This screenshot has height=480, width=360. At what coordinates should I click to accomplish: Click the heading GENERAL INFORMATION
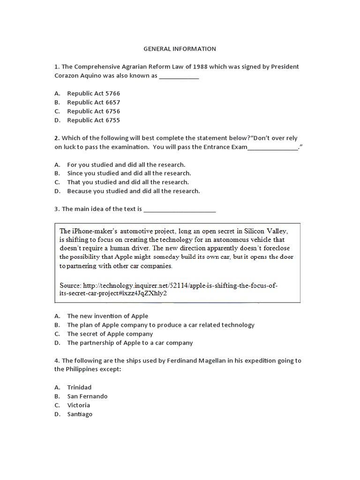tap(180, 49)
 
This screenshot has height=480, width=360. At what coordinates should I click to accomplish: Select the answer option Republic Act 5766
tap(93, 93)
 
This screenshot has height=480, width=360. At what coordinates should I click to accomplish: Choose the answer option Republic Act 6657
tap(93, 102)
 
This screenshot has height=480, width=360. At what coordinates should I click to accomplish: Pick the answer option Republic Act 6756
tap(93, 111)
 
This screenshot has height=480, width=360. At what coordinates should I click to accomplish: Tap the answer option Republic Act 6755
tap(93, 120)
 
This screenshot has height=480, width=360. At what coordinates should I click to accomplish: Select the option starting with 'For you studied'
tap(126, 165)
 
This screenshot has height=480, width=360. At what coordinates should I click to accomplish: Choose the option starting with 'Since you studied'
tap(128, 173)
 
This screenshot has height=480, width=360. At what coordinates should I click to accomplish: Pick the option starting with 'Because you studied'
tap(133, 191)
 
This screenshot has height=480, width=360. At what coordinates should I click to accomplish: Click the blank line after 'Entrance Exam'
tap(272, 148)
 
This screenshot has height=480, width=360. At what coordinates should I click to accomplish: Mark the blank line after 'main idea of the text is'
tap(180, 209)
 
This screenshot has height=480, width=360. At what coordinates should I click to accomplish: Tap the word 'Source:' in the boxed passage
tap(70, 285)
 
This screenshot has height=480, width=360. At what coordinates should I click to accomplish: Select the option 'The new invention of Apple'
tap(107, 316)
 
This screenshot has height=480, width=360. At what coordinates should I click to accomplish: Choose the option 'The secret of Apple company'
tap(110, 334)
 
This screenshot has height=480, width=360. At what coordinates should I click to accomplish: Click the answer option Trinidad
tap(79, 387)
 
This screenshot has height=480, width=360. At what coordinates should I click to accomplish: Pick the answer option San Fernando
tap(87, 396)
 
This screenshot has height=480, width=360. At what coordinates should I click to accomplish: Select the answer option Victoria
tap(78, 405)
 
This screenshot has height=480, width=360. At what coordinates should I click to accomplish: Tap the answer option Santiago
tap(80, 414)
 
